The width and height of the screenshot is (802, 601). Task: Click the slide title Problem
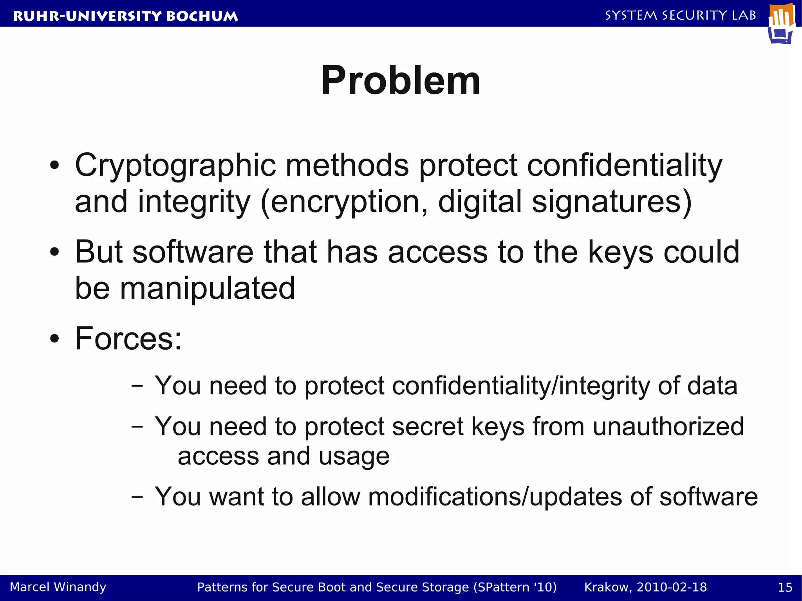(400, 80)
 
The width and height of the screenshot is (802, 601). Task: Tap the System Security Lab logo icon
(782, 23)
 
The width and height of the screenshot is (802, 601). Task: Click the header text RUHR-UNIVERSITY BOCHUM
(125, 16)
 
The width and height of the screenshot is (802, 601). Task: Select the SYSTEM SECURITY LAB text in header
(680, 15)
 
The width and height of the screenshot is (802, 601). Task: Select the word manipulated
(207, 288)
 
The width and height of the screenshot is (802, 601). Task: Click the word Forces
(125, 338)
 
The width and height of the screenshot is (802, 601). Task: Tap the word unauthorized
(668, 426)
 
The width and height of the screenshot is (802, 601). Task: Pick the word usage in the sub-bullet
(354, 457)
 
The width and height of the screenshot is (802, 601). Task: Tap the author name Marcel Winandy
(58, 587)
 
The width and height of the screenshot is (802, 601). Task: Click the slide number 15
(785, 587)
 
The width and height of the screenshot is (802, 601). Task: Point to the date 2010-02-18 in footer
(672, 587)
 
